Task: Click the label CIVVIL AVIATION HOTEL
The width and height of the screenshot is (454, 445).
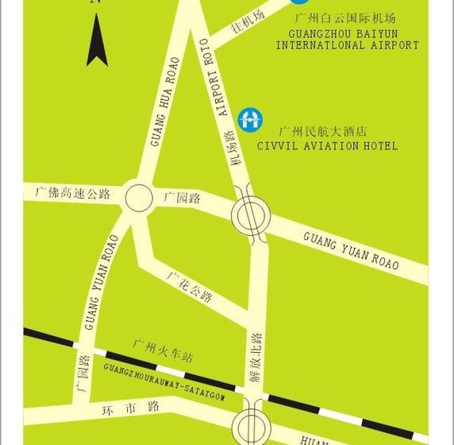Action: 327,146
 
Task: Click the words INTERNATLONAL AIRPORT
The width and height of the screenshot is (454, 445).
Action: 347,45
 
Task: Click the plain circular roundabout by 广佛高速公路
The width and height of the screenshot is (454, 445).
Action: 137,197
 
